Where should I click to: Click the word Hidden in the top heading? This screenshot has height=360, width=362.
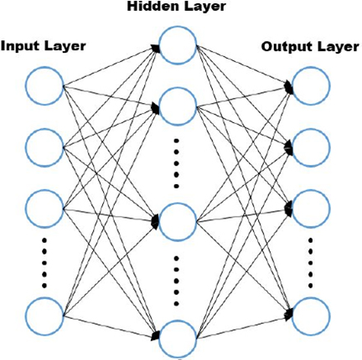click(151, 6)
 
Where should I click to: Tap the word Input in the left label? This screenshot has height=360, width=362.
click(18, 46)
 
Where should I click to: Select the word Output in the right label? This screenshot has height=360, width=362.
click(284, 47)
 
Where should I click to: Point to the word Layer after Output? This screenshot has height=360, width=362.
click(334, 47)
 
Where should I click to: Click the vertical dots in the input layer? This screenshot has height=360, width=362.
click(44, 263)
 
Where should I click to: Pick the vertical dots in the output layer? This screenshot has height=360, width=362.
click(311, 263)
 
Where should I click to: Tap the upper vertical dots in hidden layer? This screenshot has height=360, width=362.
click(176, 163)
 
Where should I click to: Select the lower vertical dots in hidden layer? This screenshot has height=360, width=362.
click(176, 281)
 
